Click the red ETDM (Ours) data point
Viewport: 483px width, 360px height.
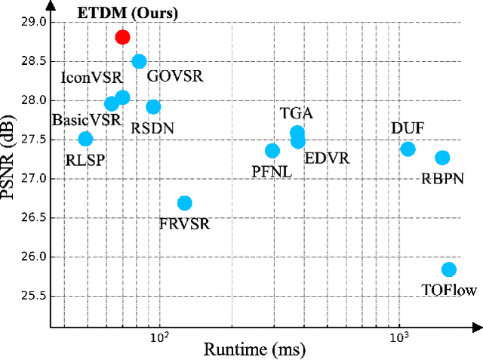pyautogui.click(x=122, y=37)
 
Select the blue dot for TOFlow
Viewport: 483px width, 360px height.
pyautogui.click(x=449, y=269)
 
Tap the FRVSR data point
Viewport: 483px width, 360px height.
pyautogui.click(x=184, y=203)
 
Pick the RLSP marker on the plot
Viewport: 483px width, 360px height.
pyautogui.click(x=86, y=139)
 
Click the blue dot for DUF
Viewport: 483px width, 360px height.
pyautogui.click(x=408, y=149)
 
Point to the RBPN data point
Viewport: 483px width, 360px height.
pyautogui.click(x=442, y=158)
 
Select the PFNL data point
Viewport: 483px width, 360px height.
pyautogui.click(x=272, y=151)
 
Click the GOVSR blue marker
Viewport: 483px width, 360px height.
pyautogui.click(x=139, y=62)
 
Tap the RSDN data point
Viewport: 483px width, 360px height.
pyautogui.click(x=153, y=107)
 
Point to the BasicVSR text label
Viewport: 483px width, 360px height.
pyautogui.click(x=78, y=120)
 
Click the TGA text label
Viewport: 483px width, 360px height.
pyautogui.click(x=296, y=114)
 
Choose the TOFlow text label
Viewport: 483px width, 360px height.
pyautogui.click(x=450, y=290)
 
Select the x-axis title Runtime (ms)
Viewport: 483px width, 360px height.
pyautogui.click(x=254, y=349)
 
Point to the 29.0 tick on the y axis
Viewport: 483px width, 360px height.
pyautogui.click(x=35, y=22)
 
